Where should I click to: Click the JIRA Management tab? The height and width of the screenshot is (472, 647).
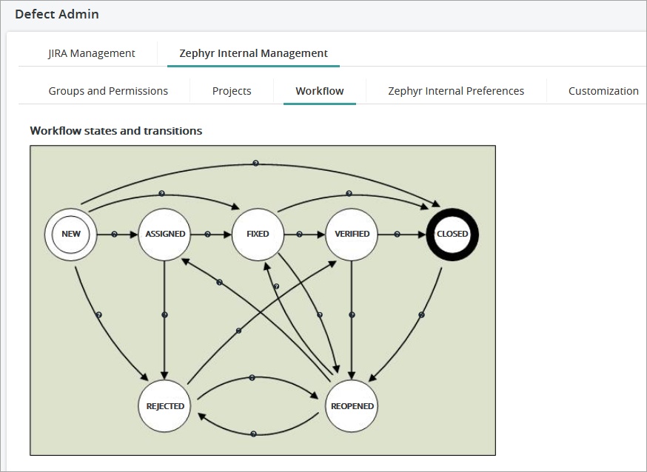[92, 53]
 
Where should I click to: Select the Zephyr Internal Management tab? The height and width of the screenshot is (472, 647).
[253, 53]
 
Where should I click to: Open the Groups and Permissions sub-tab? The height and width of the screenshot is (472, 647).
[108, 91]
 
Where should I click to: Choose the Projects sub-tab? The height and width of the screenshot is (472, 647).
[232, 91]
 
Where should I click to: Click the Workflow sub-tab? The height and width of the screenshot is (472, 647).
[320, 91]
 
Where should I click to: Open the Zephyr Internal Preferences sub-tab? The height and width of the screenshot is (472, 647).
[456, 91]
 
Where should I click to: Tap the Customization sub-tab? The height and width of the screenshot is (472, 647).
[603, 91]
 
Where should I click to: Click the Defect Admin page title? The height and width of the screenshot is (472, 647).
[57, 14]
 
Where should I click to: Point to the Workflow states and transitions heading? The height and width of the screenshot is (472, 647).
[116, 131]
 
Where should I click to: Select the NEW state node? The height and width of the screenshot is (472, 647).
[71, 234]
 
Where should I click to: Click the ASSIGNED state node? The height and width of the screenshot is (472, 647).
[165, 234]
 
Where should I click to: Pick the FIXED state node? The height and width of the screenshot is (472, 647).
[258, 234]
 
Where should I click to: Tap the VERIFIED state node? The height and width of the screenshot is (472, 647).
[352, 234]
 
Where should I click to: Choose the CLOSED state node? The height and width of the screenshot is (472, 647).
[452, 234]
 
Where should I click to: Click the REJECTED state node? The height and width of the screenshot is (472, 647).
[165, 405]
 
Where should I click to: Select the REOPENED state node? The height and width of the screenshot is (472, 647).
[352, 405]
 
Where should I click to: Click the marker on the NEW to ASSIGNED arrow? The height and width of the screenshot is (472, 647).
[114, 234]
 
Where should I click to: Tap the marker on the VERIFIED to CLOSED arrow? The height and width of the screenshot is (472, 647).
[398, 234]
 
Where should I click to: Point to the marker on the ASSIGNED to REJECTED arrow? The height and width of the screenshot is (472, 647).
[164, 315]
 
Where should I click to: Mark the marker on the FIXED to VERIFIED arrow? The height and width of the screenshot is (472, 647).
[300, 234]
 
